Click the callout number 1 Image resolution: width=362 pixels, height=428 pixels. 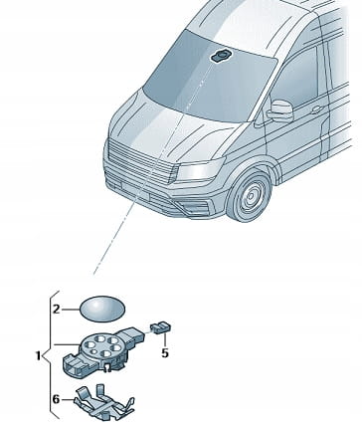click(x=38, y=355)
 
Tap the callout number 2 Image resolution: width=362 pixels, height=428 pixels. click(x=57, y=310)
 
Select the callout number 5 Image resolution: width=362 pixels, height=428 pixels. click(x=165, y=352)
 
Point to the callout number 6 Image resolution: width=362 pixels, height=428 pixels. click(x=56, y=399)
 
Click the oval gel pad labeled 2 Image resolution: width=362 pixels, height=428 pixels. click(x=102, y=309)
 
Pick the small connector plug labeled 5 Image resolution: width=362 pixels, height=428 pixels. click(x=161, y=327)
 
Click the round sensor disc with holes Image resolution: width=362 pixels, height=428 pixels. click(x=101, y=346)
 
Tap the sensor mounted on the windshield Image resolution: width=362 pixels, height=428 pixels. click(x=221, y=56)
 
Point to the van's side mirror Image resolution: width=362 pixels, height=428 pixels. click(x=280, y=111)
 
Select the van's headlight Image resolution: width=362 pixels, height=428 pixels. click(x=200, y=170)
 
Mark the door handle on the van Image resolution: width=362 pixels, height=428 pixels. click(x=316, y=109)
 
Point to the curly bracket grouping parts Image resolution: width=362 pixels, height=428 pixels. click(x=51, y=355)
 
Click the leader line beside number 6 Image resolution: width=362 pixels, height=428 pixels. click(x=68, y=400)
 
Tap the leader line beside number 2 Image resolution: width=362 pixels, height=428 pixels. click(x=71, y=310)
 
